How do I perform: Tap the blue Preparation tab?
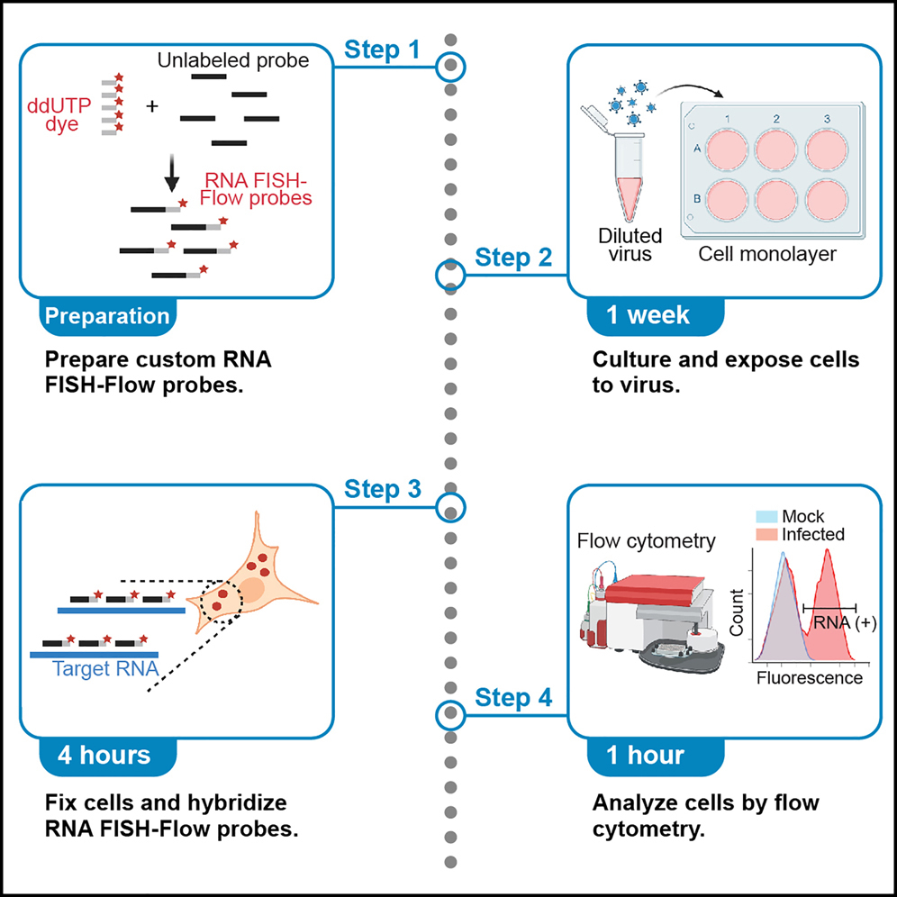point(107,316)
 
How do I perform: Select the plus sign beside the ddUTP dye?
point(151,106)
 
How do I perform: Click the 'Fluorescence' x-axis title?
point(810,677)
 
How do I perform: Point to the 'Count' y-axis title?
point(737,613)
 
